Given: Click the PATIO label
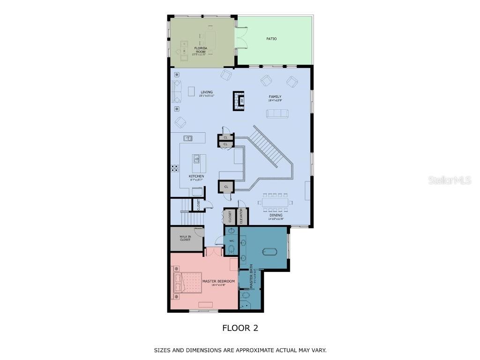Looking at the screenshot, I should click(271, 39).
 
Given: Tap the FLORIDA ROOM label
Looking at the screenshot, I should click(201, 50).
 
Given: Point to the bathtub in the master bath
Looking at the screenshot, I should click(269, 252).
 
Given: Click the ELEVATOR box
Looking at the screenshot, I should click(242, 217).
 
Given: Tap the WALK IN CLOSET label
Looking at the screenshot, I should click(185, 238).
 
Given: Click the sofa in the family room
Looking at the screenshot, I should click(277, 113).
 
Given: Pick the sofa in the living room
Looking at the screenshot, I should click(177, 91).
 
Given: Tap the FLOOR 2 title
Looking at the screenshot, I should click(240, 328).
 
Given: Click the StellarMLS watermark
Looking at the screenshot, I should click(450, 180).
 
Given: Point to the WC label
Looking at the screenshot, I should click(232, 241).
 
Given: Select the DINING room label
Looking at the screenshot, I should click(276, 216).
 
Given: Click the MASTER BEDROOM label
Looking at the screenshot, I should click(218, 281).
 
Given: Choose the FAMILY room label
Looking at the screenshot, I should click(275, 97).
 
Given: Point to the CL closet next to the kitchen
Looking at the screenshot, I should click(226, 187).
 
